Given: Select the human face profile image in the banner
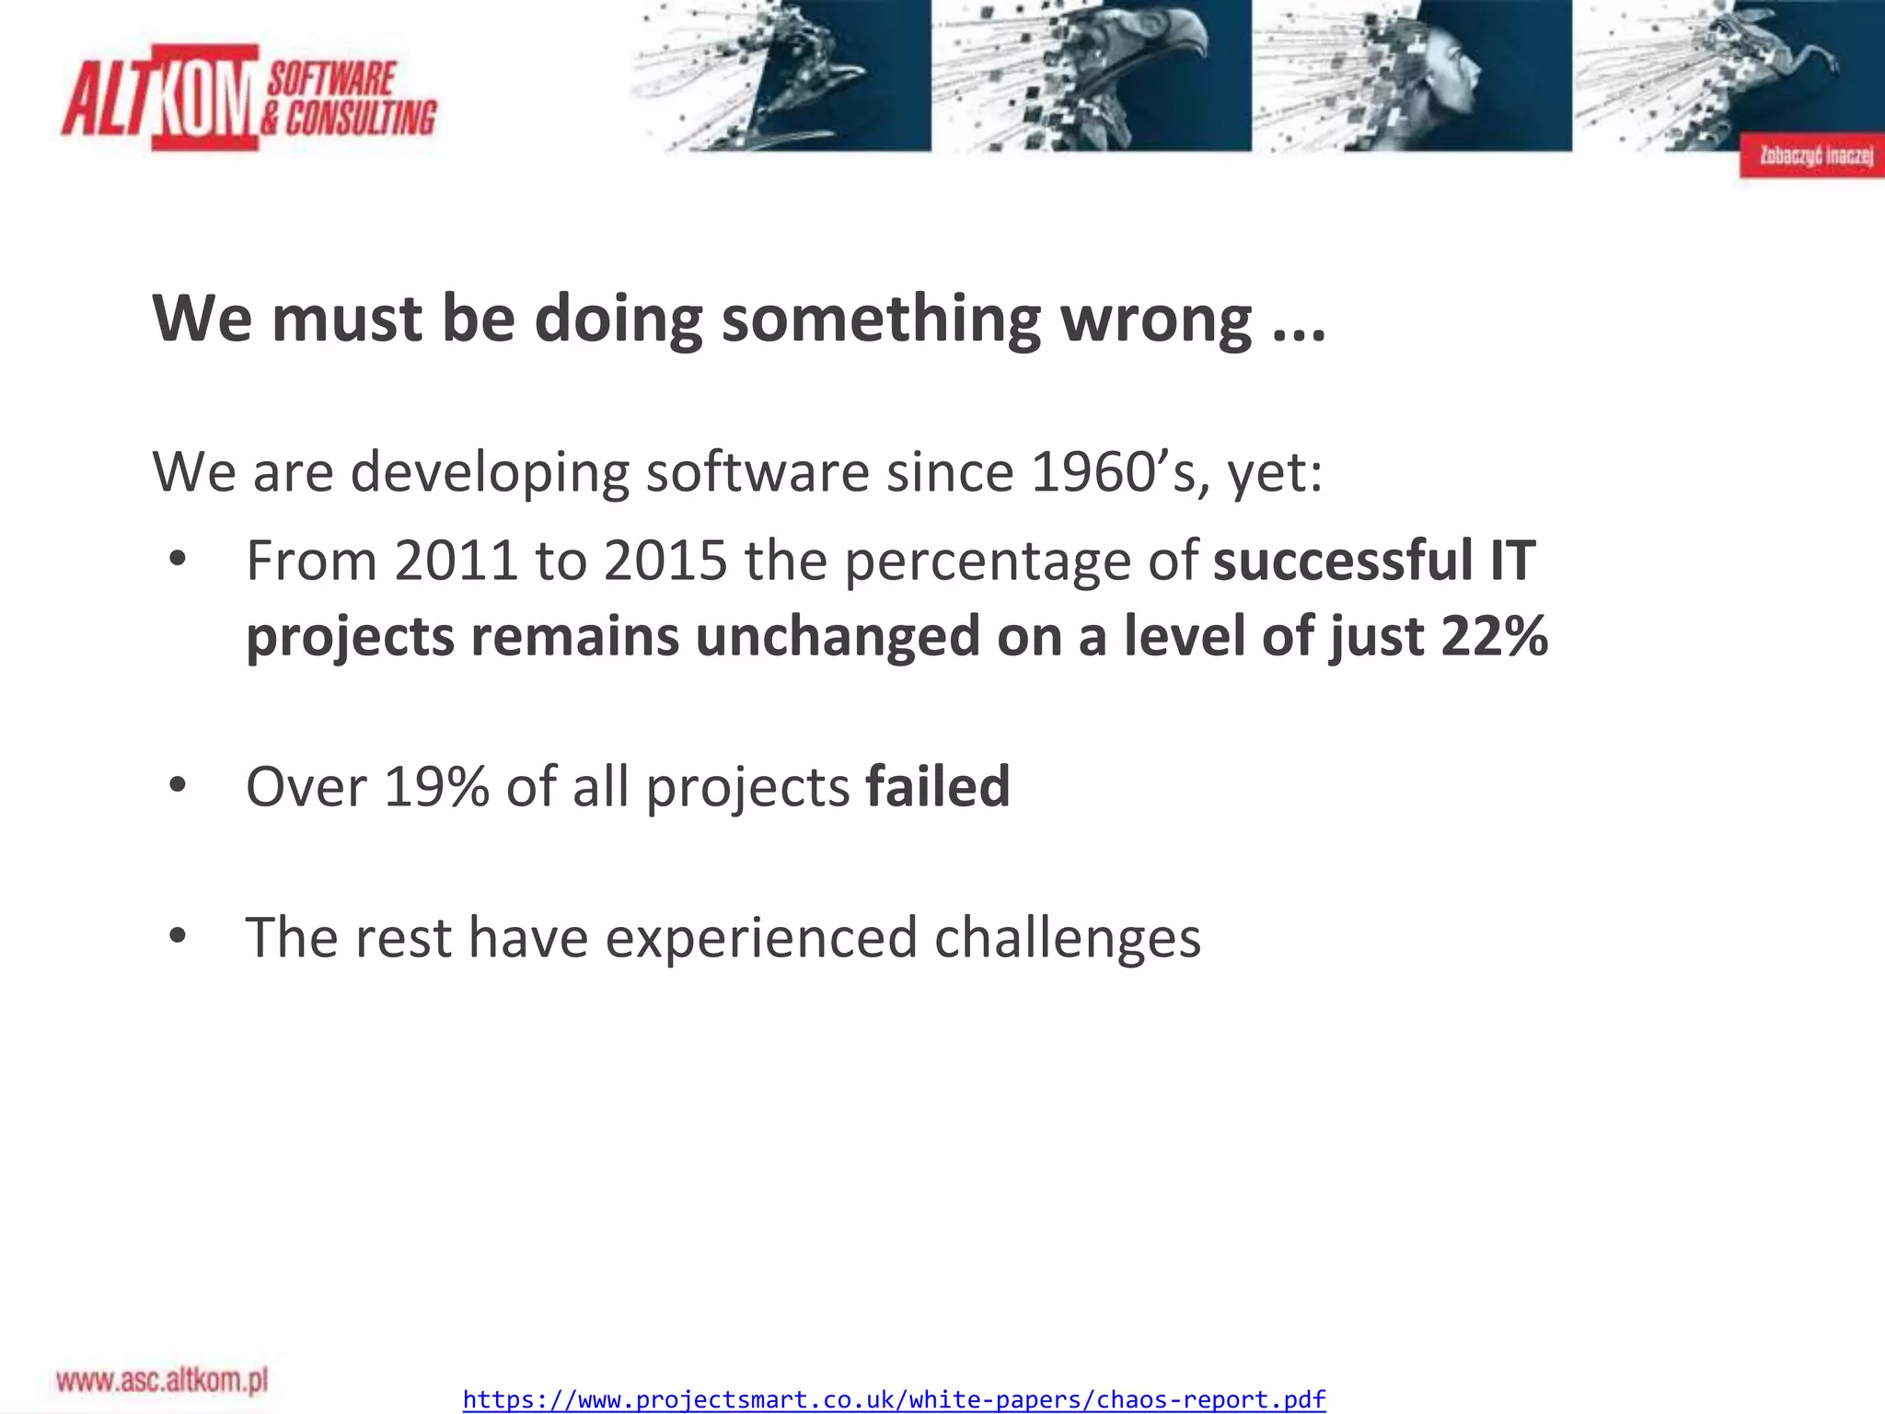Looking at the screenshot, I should [1436, 74].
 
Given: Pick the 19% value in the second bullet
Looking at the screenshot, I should [435, 787].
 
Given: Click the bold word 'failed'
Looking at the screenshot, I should [938, 787].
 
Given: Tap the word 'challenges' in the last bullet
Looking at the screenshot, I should [1067, 938].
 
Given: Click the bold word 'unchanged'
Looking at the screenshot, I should [838, 636].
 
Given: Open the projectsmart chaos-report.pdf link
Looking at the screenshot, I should [894, 1400].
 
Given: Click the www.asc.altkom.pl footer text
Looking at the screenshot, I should [162, 1380].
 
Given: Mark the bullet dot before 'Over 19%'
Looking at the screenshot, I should [179, 786].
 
